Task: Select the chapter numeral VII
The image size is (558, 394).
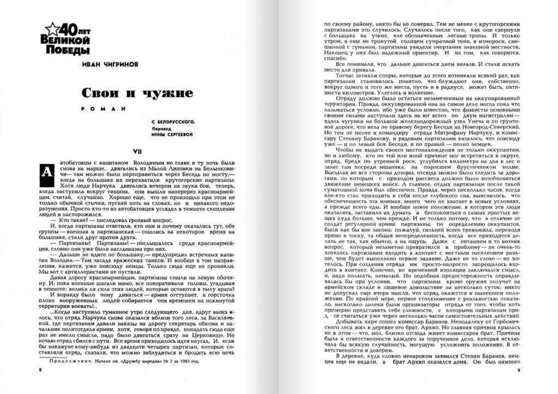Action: pos(138,151)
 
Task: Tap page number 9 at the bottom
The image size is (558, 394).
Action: pos(519,371)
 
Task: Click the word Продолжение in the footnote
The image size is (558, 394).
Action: pos(67,346)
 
